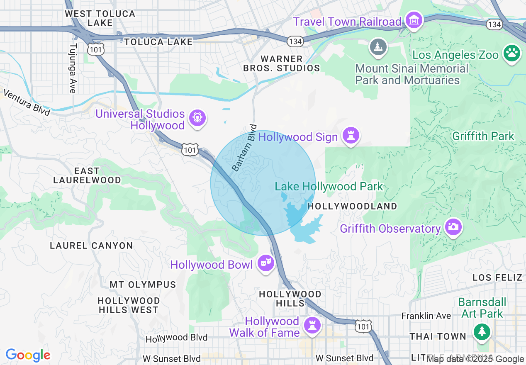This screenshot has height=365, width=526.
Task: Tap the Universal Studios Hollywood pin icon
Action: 197,118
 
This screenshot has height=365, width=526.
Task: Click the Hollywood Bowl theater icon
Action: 265,263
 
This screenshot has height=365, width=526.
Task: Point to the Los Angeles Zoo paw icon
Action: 512,53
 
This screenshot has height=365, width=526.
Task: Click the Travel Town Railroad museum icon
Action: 414,20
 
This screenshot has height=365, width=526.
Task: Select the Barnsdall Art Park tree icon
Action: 482,332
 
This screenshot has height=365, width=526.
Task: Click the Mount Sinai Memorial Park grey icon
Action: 378,47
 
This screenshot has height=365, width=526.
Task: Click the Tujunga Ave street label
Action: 73,68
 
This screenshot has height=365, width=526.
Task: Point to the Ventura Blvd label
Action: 27,102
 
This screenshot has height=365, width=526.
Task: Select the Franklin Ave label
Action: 426,316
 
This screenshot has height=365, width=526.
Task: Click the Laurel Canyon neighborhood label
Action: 91,246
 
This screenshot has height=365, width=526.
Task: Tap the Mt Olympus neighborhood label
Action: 143,285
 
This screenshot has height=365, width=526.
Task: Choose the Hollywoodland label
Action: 352,206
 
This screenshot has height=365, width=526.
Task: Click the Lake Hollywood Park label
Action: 329,187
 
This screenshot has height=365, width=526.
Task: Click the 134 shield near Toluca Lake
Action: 295,41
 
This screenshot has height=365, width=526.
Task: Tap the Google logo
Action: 28,355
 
